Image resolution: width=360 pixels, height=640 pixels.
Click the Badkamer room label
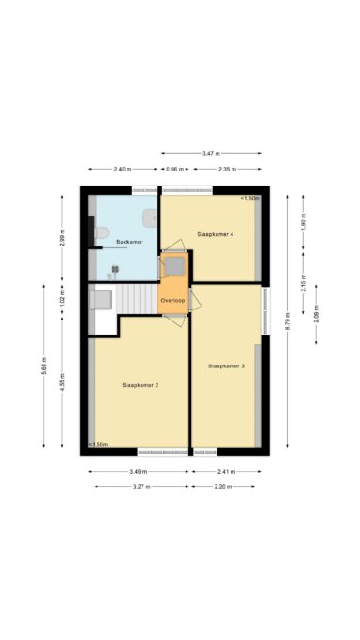pyautogui.click(x=128, y=242)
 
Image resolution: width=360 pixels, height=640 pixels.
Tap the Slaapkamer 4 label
pyautogui.click(x=215, y=233)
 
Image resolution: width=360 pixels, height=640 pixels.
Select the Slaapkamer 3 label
pyautogui.click(x=226, y=365)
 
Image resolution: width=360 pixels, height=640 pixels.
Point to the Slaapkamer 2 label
pyautogui.click(x=140, y=385)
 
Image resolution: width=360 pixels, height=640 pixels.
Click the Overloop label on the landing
pyautogui.click(x=172, y=299)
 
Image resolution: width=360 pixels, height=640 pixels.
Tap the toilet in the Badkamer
pyautogui.click(x=102, y=231)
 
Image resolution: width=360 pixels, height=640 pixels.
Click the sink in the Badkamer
pyautogui.click(x=148, y=217)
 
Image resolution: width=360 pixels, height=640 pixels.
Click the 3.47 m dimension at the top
pyautogui.click(x=212, y=153)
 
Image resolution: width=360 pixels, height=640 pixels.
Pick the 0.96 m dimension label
pyautogui.click(x=173, y=169)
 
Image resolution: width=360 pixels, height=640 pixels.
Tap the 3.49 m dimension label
pyautogui.click(x=137, y=472)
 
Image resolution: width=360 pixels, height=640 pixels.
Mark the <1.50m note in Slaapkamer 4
pyautogui.click(x=249, y=199)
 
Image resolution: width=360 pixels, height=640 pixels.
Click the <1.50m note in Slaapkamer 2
pyautogui.click(x=97, y=445)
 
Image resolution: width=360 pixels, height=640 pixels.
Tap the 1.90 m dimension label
pyautogui.click(x=303, y=225)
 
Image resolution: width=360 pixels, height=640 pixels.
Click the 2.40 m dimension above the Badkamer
pyautogui.click(x=122, y=169)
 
